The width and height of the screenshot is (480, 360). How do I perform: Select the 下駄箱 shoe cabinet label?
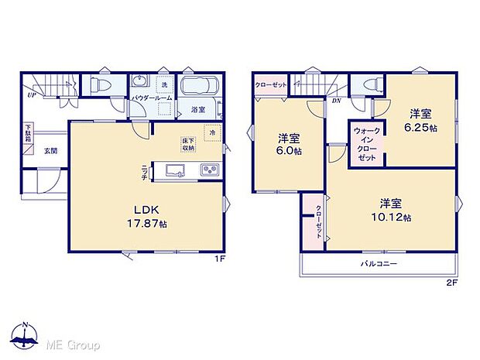[x=29, y=134]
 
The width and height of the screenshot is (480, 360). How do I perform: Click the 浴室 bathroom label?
[x=197, y=110]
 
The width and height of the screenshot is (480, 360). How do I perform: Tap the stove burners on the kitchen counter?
[x=209, y=170]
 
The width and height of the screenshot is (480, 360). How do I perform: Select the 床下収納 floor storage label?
[x=188, y=144]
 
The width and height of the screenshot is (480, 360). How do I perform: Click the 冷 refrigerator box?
[x=211, y=133]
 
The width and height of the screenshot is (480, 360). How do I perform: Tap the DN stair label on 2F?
[x=337, y=100]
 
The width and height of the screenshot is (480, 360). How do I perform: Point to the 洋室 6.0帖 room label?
[x=289, y=145]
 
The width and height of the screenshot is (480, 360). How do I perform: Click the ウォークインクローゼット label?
[x=366, y=144]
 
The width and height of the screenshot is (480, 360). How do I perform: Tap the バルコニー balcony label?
[x=379, y=264]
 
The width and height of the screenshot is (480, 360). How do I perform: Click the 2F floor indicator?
[x=452, y=283]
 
